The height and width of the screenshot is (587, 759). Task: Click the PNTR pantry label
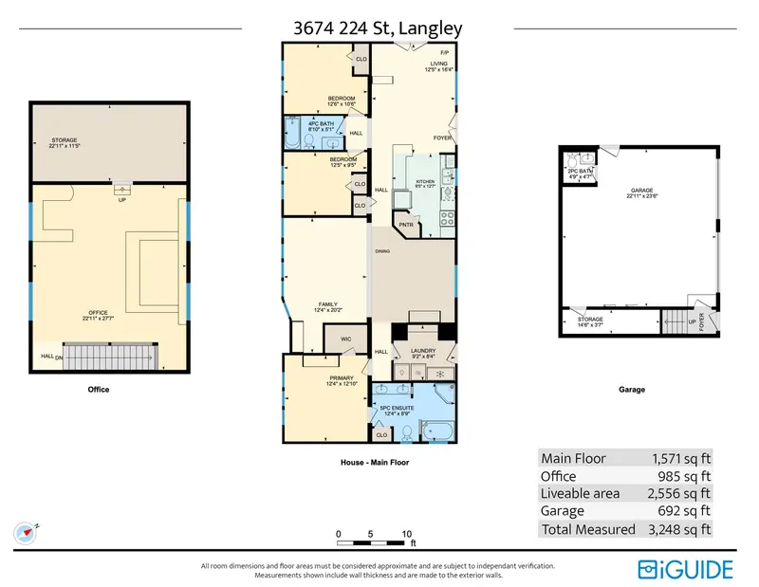pyautogui.click(x=406, y=225)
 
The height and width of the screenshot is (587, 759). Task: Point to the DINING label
pyautogui.click(x=383, y=251)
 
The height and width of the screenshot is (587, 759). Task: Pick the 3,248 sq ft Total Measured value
pyautogui.click(x=677, y=529)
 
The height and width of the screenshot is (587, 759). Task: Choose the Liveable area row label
pyautogui.click(x=580, y=493)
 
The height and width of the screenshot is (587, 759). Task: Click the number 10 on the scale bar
pyautogui.click(x=406, y=534)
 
